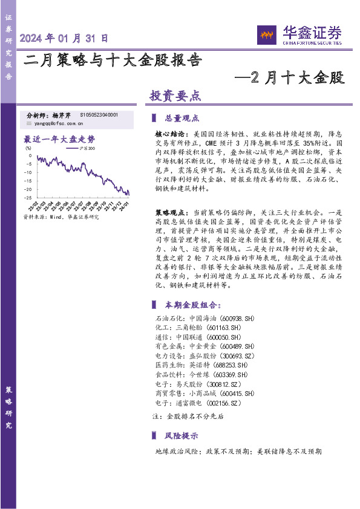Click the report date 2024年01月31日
[x=64, y=38]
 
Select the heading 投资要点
[x=175, y=95]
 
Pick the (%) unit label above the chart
[x=28, y=147]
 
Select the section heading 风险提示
[x=182, y=435]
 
